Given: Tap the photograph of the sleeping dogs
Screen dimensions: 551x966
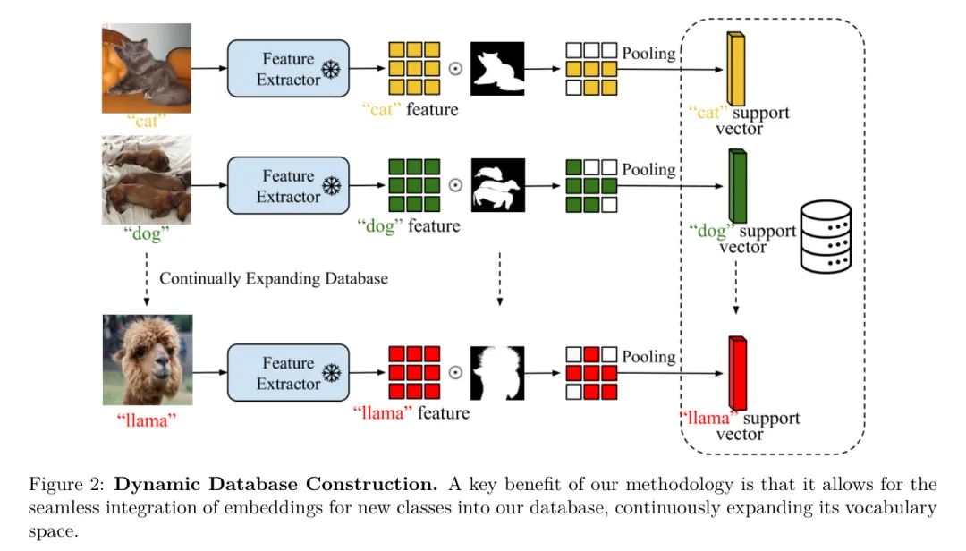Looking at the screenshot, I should (x=147, y=179).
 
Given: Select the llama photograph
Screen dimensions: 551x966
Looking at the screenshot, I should (x=147, y=360).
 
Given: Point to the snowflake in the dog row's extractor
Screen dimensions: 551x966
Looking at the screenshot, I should (x=332, y=187).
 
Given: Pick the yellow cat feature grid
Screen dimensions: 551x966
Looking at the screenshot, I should (x=414, y=68).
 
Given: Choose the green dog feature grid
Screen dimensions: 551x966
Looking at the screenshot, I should (x=414, y=185).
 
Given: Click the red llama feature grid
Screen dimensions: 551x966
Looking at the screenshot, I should (x=414, y=372).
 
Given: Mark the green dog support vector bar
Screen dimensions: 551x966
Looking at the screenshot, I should (x=738, y=187).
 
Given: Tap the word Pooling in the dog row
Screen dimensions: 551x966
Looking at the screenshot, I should (x=649, y=170).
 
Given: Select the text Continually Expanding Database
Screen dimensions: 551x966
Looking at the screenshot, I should (x=274, y=278).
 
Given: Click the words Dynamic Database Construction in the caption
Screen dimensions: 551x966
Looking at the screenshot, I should (x=277, y=486).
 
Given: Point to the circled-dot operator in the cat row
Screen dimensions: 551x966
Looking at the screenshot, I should (x=455, y=69).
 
